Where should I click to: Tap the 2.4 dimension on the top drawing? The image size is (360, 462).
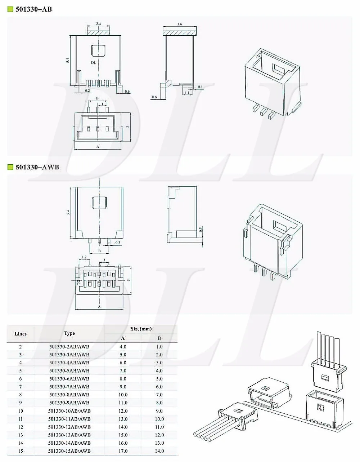98,24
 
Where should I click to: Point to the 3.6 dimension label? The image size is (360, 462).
180,24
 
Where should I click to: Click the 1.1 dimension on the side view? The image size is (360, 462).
187,93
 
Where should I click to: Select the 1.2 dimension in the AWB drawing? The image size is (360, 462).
84,257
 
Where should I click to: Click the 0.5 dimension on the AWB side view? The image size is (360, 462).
201,229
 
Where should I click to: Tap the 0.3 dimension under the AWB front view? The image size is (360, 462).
118,243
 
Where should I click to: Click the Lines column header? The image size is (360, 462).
21,334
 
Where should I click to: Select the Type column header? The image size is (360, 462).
69,333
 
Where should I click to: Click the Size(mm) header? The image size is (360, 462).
141,329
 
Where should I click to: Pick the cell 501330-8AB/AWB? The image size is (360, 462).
69,395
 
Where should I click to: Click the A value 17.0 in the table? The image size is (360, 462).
123,451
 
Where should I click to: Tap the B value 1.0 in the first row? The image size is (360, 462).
159,347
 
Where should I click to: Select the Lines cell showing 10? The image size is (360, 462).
21,411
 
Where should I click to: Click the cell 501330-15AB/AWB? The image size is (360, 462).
69,451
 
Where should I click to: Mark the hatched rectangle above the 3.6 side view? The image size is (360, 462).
180,32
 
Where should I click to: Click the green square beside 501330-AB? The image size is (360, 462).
10,9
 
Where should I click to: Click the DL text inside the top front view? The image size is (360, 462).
93,63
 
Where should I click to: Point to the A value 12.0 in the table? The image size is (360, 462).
123,411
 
